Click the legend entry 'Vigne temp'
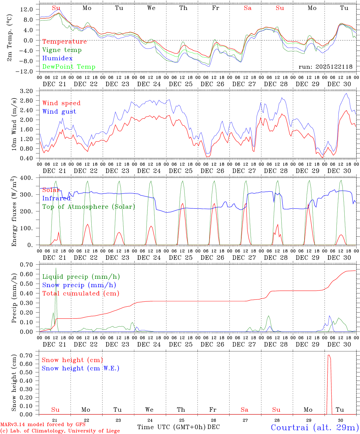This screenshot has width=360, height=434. point(62,50)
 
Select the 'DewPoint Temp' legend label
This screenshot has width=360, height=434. point(69,67)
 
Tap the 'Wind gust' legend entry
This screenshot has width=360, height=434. point(59,112)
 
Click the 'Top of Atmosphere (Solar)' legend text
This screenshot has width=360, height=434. point(88,207)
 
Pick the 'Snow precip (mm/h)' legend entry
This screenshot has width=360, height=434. point(79,285)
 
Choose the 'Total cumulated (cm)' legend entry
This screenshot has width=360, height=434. point(81,294)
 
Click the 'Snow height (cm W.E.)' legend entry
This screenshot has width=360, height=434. point(81,368)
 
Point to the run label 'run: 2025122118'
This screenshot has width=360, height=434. point(325,67)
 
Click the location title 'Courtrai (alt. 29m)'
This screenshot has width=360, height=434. point(314,427)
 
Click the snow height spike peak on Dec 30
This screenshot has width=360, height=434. point(329,355)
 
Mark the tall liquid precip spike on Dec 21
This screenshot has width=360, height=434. point(56,268)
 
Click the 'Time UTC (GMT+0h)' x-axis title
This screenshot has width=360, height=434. point(172,427)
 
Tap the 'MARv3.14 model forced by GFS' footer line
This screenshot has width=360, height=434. point(43,425)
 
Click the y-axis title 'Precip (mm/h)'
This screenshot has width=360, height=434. point(14,298)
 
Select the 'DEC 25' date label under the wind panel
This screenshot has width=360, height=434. point(181,171)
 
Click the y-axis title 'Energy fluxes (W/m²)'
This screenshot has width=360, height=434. point(14,212)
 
